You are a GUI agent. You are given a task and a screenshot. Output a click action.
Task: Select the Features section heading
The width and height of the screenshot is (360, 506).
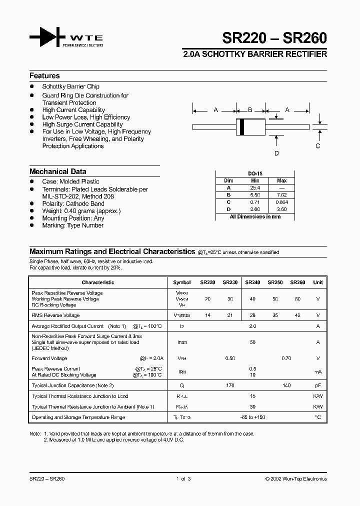click(x=44, y=76)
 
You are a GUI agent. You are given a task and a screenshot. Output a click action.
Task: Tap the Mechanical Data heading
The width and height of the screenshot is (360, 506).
click(x=57, y=171)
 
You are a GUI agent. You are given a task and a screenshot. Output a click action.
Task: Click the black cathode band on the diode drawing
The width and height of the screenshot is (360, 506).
click(x=242, y=127)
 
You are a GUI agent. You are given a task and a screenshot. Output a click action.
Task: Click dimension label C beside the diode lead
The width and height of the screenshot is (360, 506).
click(x=317, y=146)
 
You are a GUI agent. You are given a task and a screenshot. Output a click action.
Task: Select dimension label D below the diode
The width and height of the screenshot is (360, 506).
click(x=276, y=153)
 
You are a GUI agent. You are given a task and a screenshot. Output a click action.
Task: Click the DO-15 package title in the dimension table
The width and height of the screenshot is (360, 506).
click(x=255, y=173)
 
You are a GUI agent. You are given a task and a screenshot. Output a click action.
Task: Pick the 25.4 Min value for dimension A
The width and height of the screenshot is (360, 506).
click(x=255, y=187)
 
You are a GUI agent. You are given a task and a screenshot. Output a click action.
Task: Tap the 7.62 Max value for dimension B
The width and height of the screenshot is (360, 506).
click(x=282, y=194)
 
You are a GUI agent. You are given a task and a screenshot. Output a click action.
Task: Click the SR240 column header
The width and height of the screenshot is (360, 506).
click(x=252, y=282)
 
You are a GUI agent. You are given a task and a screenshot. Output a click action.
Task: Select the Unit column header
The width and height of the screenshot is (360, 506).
click(x=317, y=282)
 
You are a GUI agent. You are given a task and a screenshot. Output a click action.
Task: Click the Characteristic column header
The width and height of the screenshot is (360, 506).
click(x=98, y=282)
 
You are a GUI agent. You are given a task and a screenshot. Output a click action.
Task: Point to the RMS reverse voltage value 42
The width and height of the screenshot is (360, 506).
click(x=297, y=315)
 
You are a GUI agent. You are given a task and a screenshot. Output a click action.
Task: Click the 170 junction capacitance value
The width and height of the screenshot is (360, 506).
click(x=230, y=385)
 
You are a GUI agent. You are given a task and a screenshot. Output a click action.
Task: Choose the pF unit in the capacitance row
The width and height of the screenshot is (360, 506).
click(x=317, y=385)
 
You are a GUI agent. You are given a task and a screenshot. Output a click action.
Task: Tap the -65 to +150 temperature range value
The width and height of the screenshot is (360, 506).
click(x=252, y=417)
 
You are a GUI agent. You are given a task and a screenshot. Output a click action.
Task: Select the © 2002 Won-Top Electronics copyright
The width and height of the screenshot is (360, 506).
click(x=296, y=479)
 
